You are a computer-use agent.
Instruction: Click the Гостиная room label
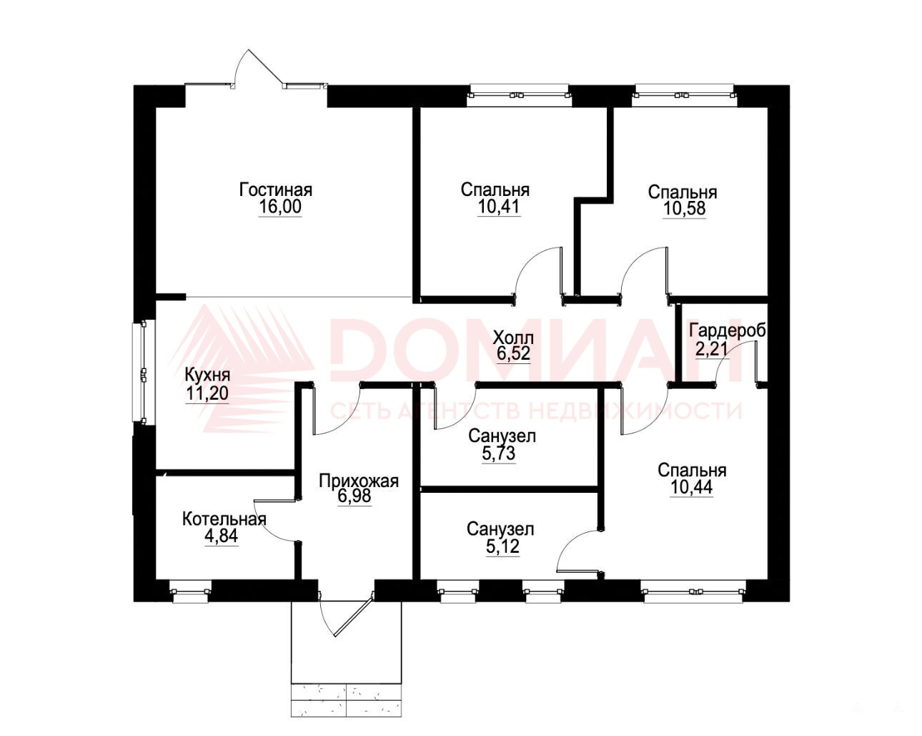click(x=276, y=190)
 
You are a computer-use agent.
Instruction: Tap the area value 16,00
click(x=279, y=207)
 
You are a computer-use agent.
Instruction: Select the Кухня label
click(x=207, y=376)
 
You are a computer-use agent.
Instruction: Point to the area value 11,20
click(x=207, y=393)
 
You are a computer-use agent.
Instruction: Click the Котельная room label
click(x=224, y=519)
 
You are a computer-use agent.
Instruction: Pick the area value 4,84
click(x=222, y=536)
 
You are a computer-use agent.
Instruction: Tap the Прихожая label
click(x=359, y=481)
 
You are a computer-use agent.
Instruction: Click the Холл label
click(x=513, y=338)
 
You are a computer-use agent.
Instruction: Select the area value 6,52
click(x=513, y=353)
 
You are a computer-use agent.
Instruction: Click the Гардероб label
click(x=728, y=331)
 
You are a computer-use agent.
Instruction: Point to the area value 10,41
click(x=499, y=207)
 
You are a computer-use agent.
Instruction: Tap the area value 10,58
click(x=684, y=209)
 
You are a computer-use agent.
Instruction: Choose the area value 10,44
click(x=692, y=488)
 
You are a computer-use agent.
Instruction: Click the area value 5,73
click(x=498, y=453)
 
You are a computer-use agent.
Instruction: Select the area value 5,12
click(x=502, y=547)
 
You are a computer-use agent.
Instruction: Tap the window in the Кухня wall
click(x=139, y=373)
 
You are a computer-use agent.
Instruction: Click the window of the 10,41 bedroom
click(x=520, y=95)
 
